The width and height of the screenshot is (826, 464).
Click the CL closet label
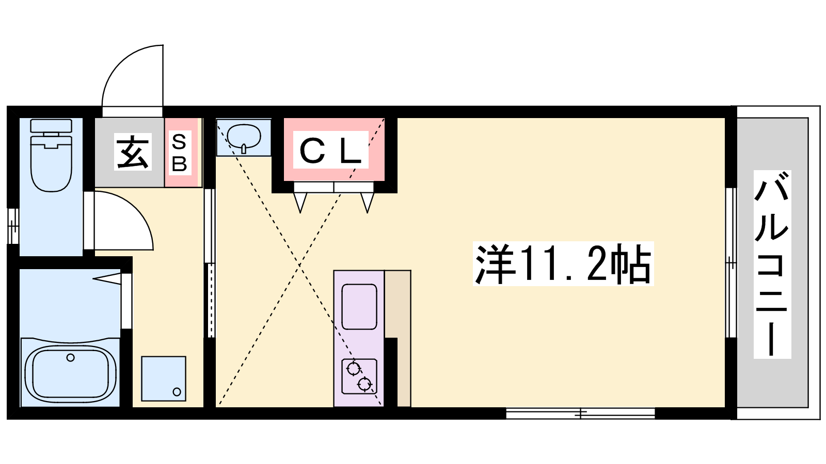tap(331, 150)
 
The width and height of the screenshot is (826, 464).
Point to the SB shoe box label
tap(180, 153)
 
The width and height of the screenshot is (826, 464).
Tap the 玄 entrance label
tap(133, 152)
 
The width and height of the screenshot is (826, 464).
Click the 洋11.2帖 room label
tap(563, 263)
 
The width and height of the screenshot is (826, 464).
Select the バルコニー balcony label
tap(772, 264)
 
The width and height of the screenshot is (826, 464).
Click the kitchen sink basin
tap(359, 307)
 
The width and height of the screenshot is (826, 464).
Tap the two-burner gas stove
tap(359, 376)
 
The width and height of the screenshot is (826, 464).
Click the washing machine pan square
tap(163, 378)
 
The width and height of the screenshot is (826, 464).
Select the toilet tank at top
tap(51, 126)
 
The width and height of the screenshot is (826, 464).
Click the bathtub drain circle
tap(70, 357)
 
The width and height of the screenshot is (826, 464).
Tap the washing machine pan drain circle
tap(177, 392)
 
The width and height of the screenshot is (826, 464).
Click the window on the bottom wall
tap(580, 413)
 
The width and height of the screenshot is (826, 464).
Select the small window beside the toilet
tap(13, 226)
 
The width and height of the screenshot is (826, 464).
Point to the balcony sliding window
tap(731, 262)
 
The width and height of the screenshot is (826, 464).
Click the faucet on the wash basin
tap(244, 149)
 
